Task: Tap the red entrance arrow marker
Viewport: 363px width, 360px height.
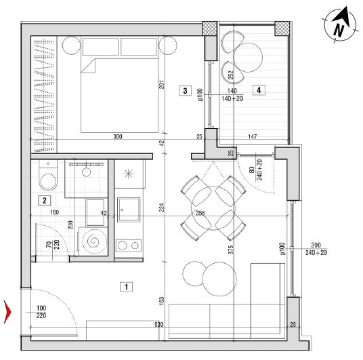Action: [7, 312]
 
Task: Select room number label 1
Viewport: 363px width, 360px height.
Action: [126, 287]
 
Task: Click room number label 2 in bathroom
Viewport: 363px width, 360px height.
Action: [45, 201]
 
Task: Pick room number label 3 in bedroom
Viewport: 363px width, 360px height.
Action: [185, 91]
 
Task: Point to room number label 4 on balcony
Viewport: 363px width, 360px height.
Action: [259, 90]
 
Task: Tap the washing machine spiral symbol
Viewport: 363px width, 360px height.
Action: [93, 241]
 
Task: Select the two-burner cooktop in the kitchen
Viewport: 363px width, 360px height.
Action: [128, 245]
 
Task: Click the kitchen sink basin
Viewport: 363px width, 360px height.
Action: [129, 209]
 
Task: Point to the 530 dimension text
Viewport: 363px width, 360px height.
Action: [158, 324]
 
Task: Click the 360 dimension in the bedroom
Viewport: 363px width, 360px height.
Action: [118, 136]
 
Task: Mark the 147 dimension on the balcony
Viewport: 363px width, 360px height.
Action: [253, 136]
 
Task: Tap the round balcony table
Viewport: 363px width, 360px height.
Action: [248, 57]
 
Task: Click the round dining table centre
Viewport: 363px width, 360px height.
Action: [213, 208]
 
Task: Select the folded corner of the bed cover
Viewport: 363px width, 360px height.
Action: [88, 66]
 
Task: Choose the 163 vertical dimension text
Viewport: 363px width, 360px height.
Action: [162, 300]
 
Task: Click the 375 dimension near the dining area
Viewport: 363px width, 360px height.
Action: [231, 249]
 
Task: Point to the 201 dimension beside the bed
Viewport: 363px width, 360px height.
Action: [162, 84]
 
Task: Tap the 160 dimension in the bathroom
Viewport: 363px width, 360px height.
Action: [55, 212]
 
